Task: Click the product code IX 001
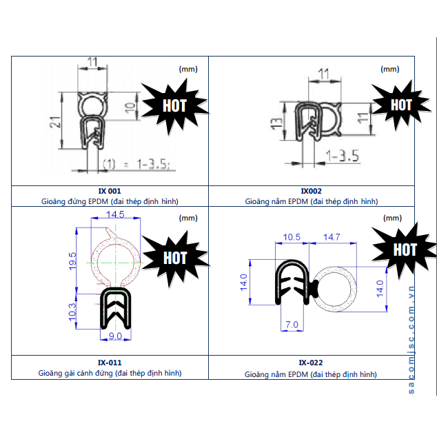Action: [110, 191]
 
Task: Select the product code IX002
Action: [312, 191]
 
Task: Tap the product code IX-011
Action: [110, 363]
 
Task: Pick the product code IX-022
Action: [311, 363]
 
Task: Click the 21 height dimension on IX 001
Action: [55, 122]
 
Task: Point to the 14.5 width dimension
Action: [115, 214]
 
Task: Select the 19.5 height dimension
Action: [72, 261]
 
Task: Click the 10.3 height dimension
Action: [72, 312]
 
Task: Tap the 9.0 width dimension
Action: [115, 336]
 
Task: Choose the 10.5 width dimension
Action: [292, 237]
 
